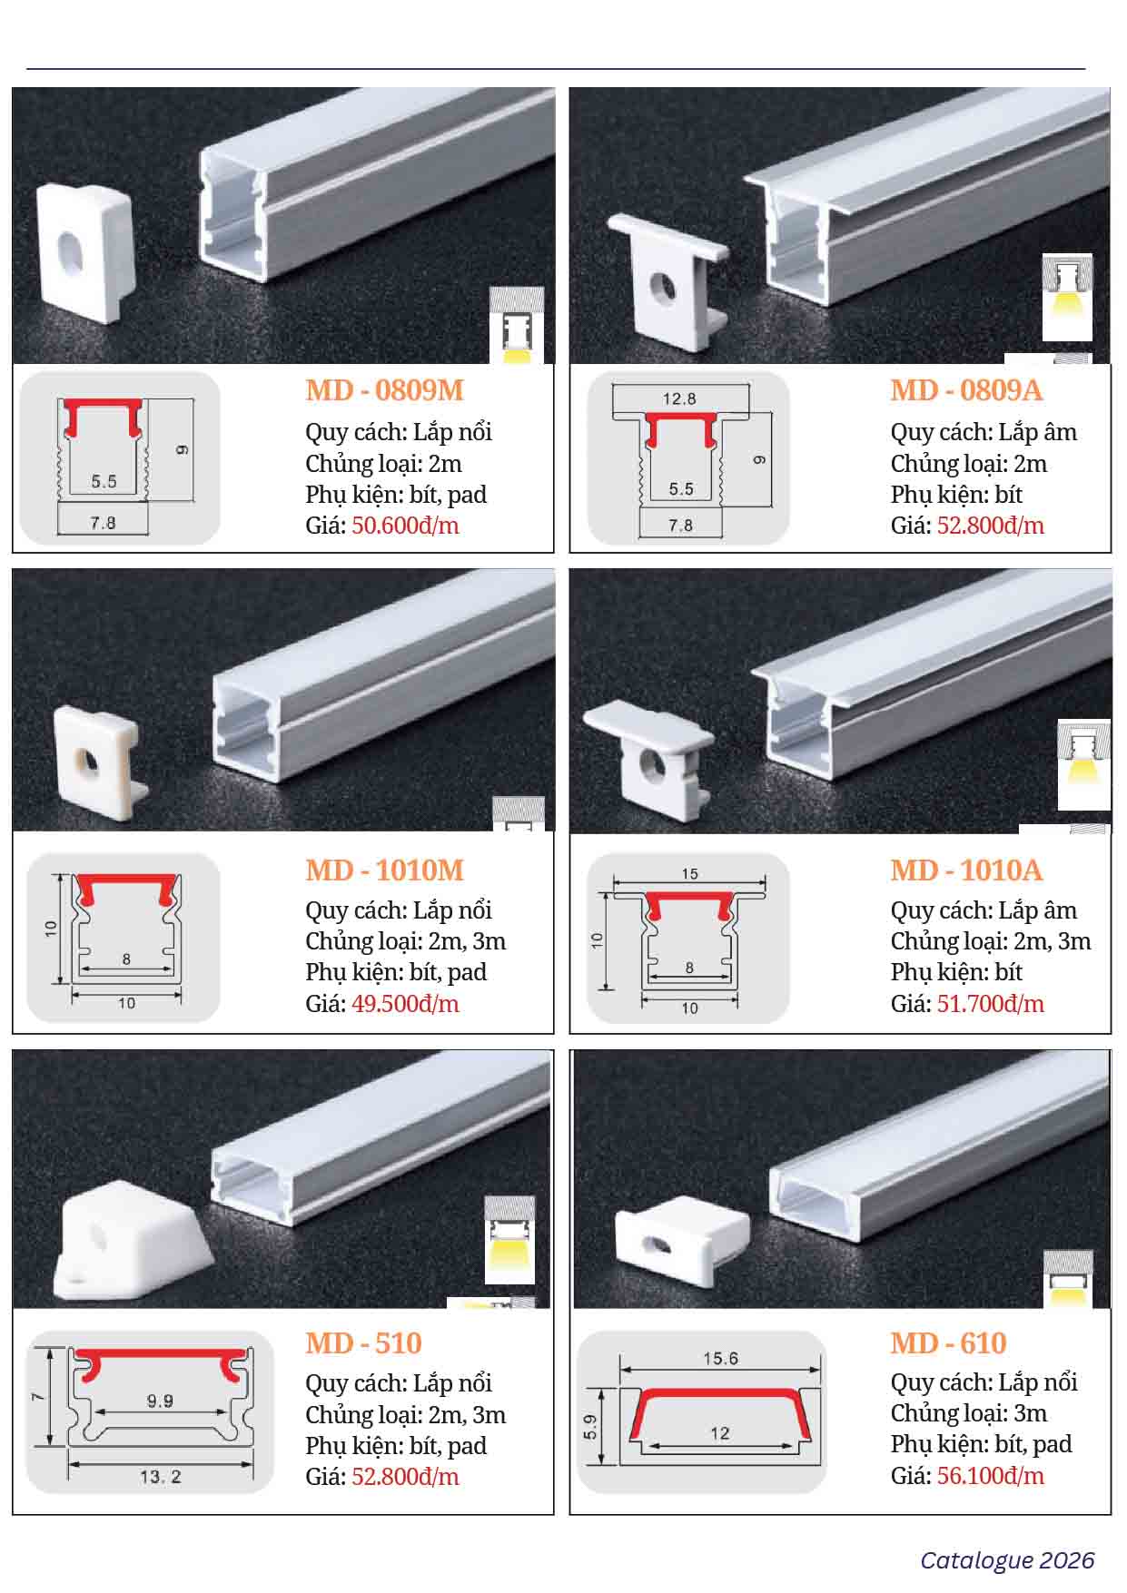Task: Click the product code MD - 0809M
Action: [x=384, y=390]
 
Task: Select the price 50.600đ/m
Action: [x=405, y=526]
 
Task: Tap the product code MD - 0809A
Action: [x=966, y=390]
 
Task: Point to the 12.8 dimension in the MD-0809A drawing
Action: [x=679, y=398]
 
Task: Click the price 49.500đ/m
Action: [x=405, y=1004]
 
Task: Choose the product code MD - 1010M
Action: [x=384, y=870]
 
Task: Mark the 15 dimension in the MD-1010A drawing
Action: [x=689, y=874]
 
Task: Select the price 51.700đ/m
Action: [x=990, y=1004]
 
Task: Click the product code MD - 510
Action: [x=363, y=1343]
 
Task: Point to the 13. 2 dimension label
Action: [x=161, y=1477]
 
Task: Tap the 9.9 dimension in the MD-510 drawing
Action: [x=160, y=1401]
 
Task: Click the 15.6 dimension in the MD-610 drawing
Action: [x=720, y=1359]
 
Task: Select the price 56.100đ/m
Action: [x=990, y=1476]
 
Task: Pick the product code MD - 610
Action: [x=948, y=1343]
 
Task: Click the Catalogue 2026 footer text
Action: [x=1007, y=1560]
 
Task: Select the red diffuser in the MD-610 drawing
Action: [x=720, y=1406]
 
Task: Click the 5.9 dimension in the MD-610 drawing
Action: [x=590, y=1427]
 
